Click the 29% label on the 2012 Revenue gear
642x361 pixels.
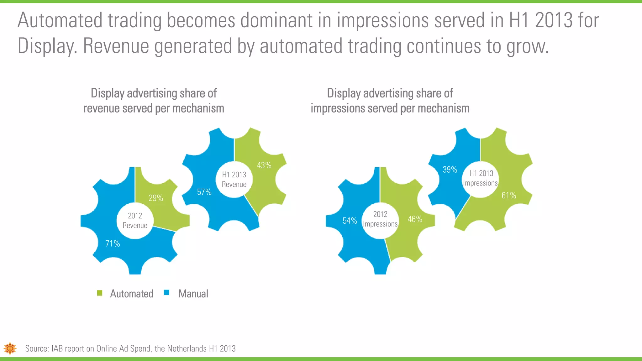tap(156, 198)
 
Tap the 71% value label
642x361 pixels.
tap(113, 243)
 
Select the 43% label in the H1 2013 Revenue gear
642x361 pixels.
tap(264, 165)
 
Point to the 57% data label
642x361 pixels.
tap(204, 192)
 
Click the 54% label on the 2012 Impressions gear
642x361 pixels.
tap(350, 221)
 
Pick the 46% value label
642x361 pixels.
tap(415, 219)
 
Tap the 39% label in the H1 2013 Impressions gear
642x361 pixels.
tap(450, 170)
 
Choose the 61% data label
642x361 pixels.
tap(508, 196)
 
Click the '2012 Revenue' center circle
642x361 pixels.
tap(135, 221)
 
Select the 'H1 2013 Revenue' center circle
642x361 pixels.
tap(234, 180)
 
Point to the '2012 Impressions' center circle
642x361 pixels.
tap(380, 219)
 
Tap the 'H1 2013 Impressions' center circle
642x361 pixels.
tap(481, 178)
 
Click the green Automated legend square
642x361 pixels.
tap(100, 293)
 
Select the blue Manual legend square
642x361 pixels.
tap(167, 293)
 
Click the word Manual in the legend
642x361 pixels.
tap(193, 294)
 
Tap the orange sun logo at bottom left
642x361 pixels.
tap(10, 348)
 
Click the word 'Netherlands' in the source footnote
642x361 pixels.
tap(187, 348)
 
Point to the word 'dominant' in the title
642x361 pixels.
tap(286, 20)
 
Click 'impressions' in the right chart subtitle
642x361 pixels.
tap(338, 108)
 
